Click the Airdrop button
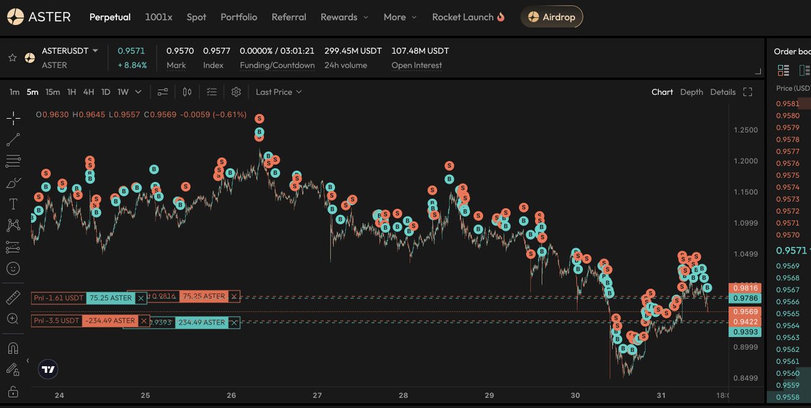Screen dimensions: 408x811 (x=551, y=17)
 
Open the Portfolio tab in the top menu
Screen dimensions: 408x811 (x=239, y=17)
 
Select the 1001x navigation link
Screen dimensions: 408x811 (x=159, y=17)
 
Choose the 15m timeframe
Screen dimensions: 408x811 (x=53, y=92)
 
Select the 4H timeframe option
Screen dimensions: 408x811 (x=89, y=92)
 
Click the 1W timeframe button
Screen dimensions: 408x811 (x=123, y=92)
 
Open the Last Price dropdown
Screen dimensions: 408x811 (x=278, y=92)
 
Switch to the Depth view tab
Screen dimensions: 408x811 (x=691, y=92)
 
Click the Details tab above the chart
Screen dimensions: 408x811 (x=722, y=92)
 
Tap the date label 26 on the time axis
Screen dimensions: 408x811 (x=231, y=395)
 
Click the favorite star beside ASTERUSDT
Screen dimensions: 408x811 (x=12, y=58)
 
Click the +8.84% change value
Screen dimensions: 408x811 (x=132, y=66)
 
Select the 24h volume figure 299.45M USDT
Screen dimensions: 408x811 (x=353, y=51)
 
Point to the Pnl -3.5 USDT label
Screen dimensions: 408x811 (x=57, y=321)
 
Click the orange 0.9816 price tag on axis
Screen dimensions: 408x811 (x=746, y=288)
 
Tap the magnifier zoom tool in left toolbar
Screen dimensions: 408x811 (x=13, y=319)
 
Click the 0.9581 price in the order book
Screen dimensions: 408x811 (x=788, y=104)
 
